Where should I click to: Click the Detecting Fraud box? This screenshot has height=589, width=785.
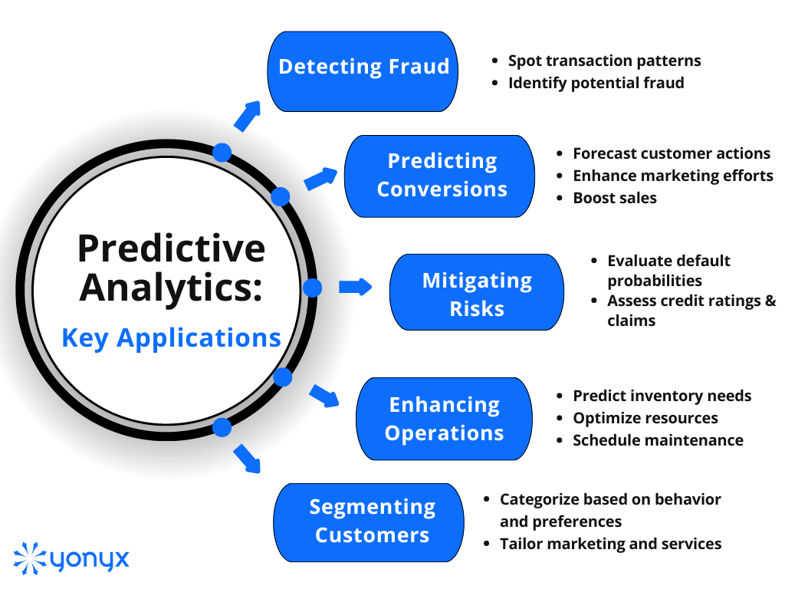(363, 71)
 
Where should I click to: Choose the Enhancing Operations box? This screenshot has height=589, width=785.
(444, 418)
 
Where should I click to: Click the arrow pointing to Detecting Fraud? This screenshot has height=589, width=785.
(247, 115)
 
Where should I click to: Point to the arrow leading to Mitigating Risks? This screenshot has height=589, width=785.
(354, 287)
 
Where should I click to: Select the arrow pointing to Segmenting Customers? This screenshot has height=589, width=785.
(247, 458)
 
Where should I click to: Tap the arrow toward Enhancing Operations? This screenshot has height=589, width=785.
(324, 395)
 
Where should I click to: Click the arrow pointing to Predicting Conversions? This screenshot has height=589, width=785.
(320, 179)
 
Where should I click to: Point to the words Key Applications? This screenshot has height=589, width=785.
(171, 337)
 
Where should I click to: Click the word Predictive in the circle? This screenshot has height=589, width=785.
(171, 248)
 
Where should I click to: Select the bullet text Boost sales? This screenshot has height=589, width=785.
(615, 198)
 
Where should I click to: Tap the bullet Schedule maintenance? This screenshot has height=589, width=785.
(658, 440)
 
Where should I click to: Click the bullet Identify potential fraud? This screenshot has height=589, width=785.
(596, 83)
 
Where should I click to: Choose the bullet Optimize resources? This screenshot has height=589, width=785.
(645, 418)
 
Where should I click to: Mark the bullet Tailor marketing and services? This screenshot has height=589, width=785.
(610, 544)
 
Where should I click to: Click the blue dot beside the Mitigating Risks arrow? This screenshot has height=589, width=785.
(312, 288)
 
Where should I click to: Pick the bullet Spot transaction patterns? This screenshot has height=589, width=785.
(604, 61)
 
